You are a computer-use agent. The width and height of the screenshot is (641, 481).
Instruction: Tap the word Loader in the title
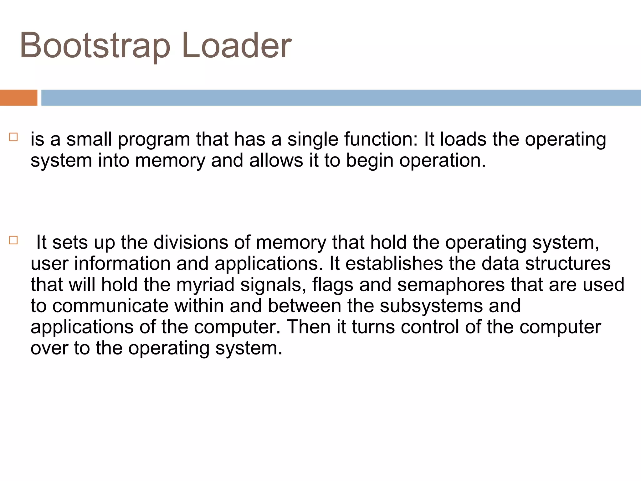(x=237, y=46)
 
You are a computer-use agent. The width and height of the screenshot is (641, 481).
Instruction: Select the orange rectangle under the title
(x=18, y=98)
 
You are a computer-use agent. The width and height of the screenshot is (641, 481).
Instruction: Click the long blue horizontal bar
(x=341, y=98)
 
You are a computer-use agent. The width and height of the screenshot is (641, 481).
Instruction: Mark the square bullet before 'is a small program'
(x=13, y=137)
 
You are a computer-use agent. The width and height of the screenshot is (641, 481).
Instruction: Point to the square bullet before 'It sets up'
(x=13, y=240)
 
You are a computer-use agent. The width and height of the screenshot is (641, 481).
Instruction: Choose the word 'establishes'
(x=394, y=263)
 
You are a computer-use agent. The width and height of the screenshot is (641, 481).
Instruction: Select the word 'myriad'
(x=205, y=285)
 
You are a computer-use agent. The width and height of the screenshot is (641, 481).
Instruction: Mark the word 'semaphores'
(x=451, y=285)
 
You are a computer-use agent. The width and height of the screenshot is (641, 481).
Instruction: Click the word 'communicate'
(x=110, y=306)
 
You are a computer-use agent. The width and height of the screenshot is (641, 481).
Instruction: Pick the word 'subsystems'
(x=431, y=306)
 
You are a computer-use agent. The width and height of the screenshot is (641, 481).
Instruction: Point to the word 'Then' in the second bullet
(x=309, y=327)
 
